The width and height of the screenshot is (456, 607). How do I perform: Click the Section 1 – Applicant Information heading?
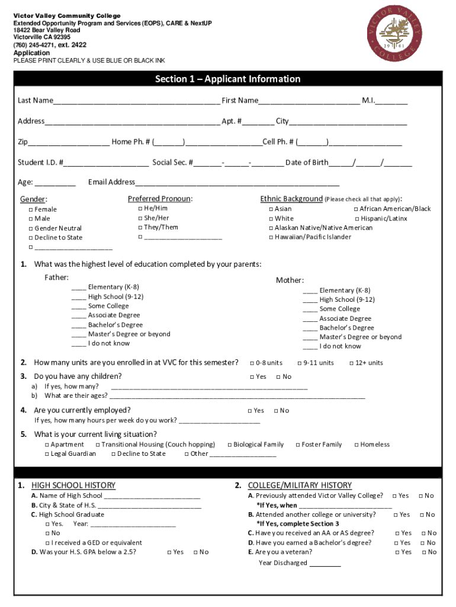pyautogui.click(x=227, y=79)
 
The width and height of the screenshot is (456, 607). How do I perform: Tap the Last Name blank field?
pyautogui.click(x=136, y=101)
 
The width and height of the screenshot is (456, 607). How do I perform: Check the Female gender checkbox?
pyautogui.click(x=31, y=210)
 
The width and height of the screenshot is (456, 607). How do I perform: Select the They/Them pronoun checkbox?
pyautogui.click(x=140, y=228)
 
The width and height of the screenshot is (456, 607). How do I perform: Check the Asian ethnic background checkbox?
pyautogui.click(x=271, y=209)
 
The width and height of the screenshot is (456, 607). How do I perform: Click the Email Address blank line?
pyautogui.click(x=237, y=183)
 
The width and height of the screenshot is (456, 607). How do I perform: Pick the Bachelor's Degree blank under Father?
pyautogui.click(x=78, y=325)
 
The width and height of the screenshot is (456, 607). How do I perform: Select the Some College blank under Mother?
pyautogui.click(x=310, y=309)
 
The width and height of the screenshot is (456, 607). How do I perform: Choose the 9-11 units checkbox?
pyautogui.click(x=300, y=363)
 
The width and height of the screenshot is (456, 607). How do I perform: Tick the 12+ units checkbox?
pyautogui.click(x=351, y=363)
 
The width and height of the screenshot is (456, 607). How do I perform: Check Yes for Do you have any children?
pyautogui.click(x=252, y=377)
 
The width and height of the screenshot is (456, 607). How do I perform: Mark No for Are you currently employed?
pyautogui.click(x=275, y=411)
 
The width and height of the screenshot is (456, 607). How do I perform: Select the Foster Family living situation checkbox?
pyautogui.click(x=297, y=445)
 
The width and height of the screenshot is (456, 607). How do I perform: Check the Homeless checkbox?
pyautogui.click(x=356, y=445)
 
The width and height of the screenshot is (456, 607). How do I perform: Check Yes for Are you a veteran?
pyautogui.click(x=397, y=552)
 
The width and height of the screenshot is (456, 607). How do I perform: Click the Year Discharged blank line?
pyautogui.click(x=325, y=564)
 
